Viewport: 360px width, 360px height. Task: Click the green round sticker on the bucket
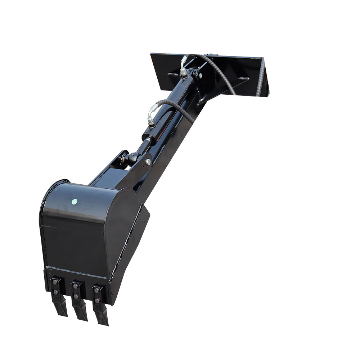(x=75, y=202)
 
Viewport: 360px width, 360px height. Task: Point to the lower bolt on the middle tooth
(x=77, y=296)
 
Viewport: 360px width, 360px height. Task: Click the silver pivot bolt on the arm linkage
(x=148, y=162)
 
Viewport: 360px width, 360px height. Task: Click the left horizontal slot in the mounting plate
(x=172, y=75)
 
